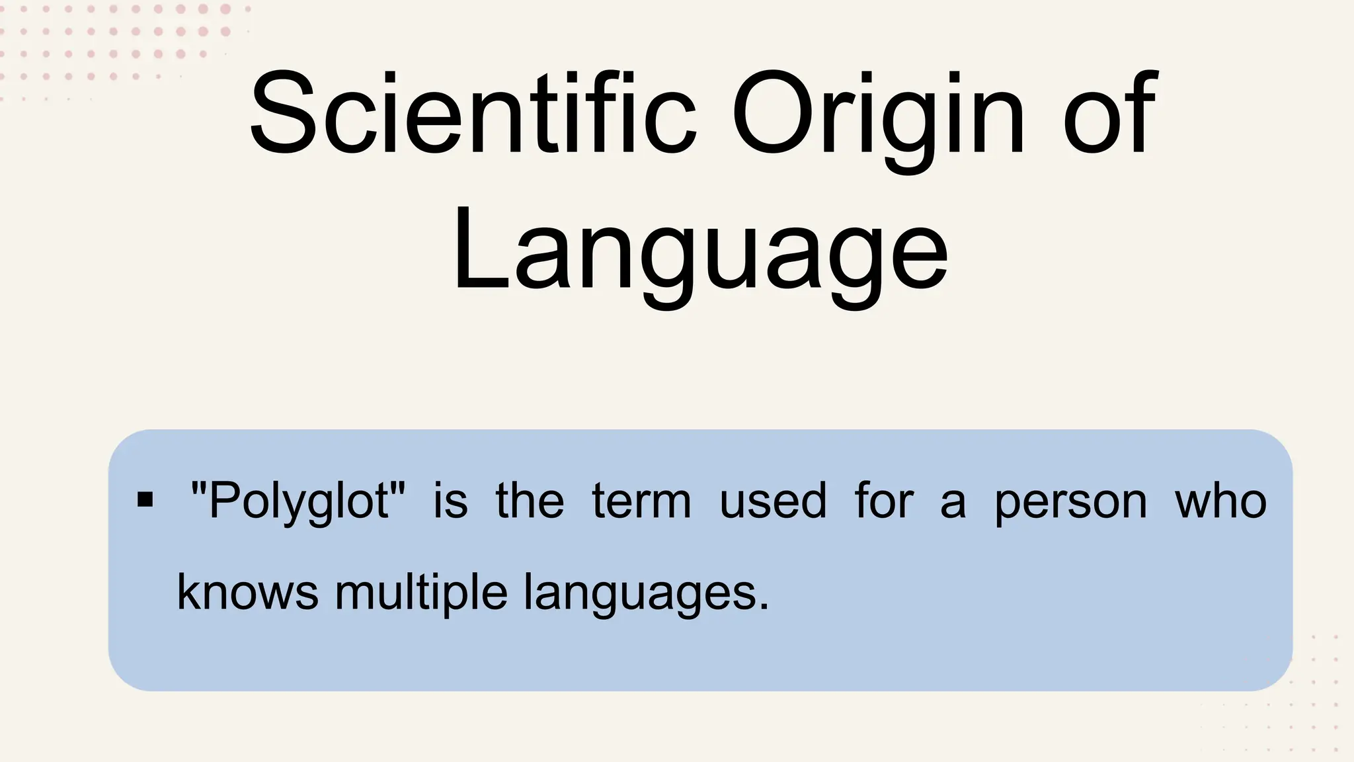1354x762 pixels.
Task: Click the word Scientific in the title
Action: (473, 114)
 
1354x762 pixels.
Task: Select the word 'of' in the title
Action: (1110, 114)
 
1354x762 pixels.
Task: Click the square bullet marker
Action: (145, 499)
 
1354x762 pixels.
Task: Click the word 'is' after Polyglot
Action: (450, 500)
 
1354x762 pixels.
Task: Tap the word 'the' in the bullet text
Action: (530, 500)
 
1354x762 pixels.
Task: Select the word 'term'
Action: (641, 500)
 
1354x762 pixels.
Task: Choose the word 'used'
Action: (773, 500)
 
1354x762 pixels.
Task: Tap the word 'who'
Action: (1220, 500)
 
